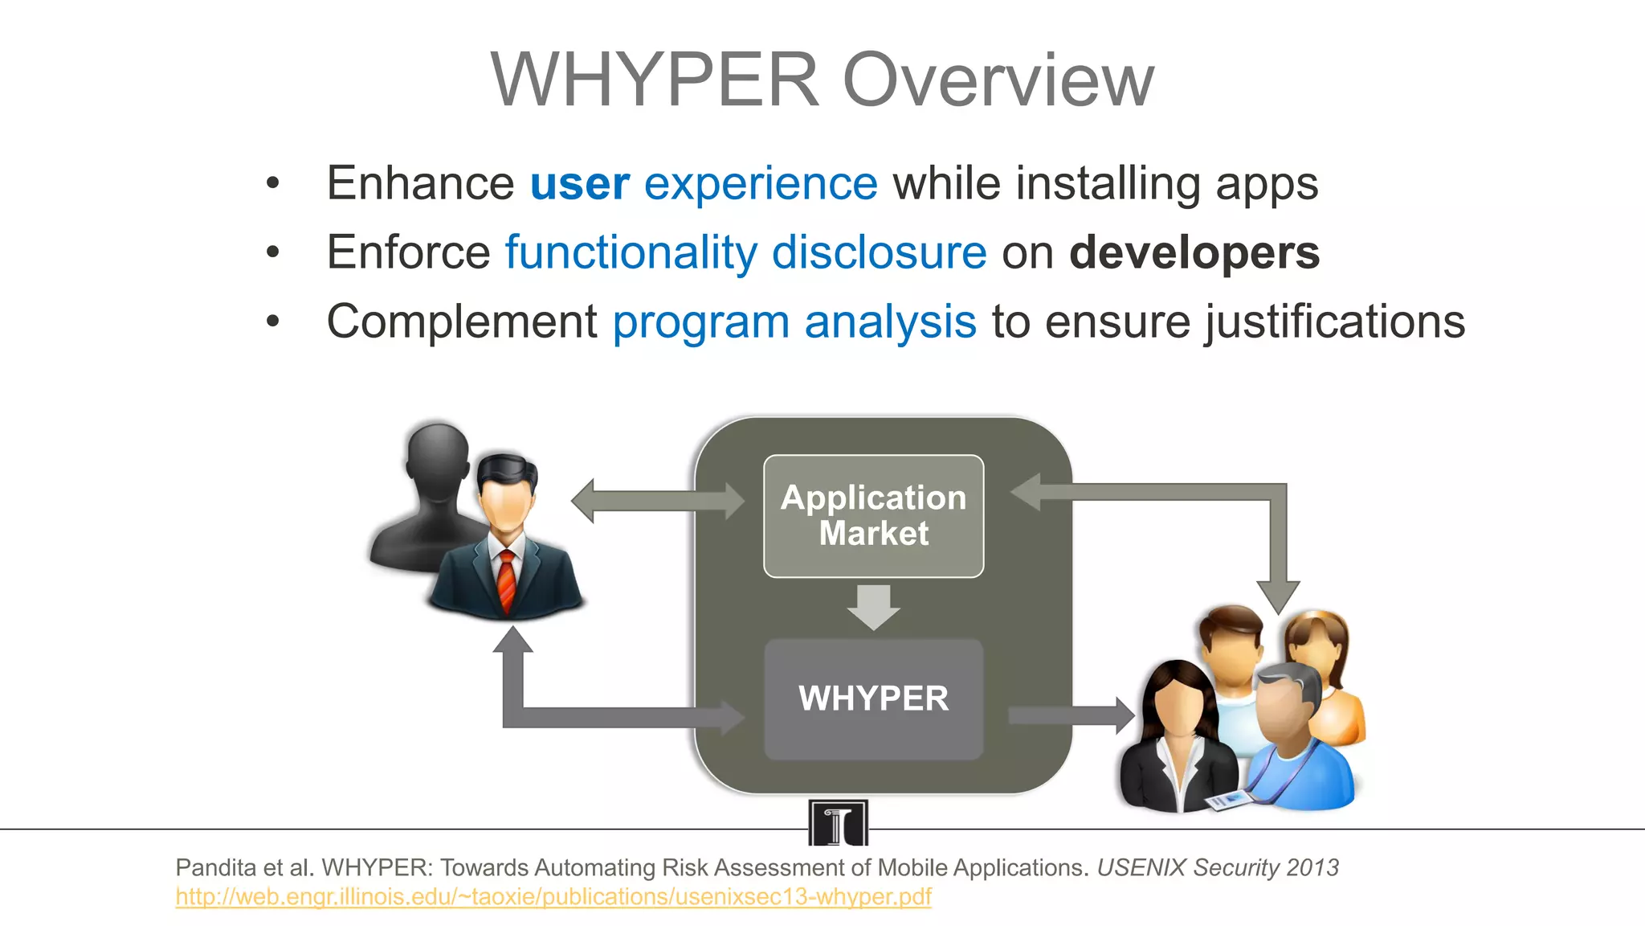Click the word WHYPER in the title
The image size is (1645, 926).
[655, 80]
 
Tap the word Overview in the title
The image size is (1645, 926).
[998, 80]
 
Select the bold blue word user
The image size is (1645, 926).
[580, 183]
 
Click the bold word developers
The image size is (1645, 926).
[1194, 252]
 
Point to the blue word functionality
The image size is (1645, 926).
[631, 252]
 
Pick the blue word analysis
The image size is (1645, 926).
[890, 322]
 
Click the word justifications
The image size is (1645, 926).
[1335, 322]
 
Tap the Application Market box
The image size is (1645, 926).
[873, 516]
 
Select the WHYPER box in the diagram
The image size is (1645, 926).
[873, 699]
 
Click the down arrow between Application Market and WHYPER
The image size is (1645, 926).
[873, 607]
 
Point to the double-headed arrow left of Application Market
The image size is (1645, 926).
[657, 500]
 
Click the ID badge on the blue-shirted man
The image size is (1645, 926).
[1229, 799]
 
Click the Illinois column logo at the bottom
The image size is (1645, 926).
[838, 822]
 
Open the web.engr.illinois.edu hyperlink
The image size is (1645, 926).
[553, 896]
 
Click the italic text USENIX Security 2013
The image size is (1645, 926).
[1218, 867]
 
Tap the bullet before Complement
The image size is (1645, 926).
[273, 322]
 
